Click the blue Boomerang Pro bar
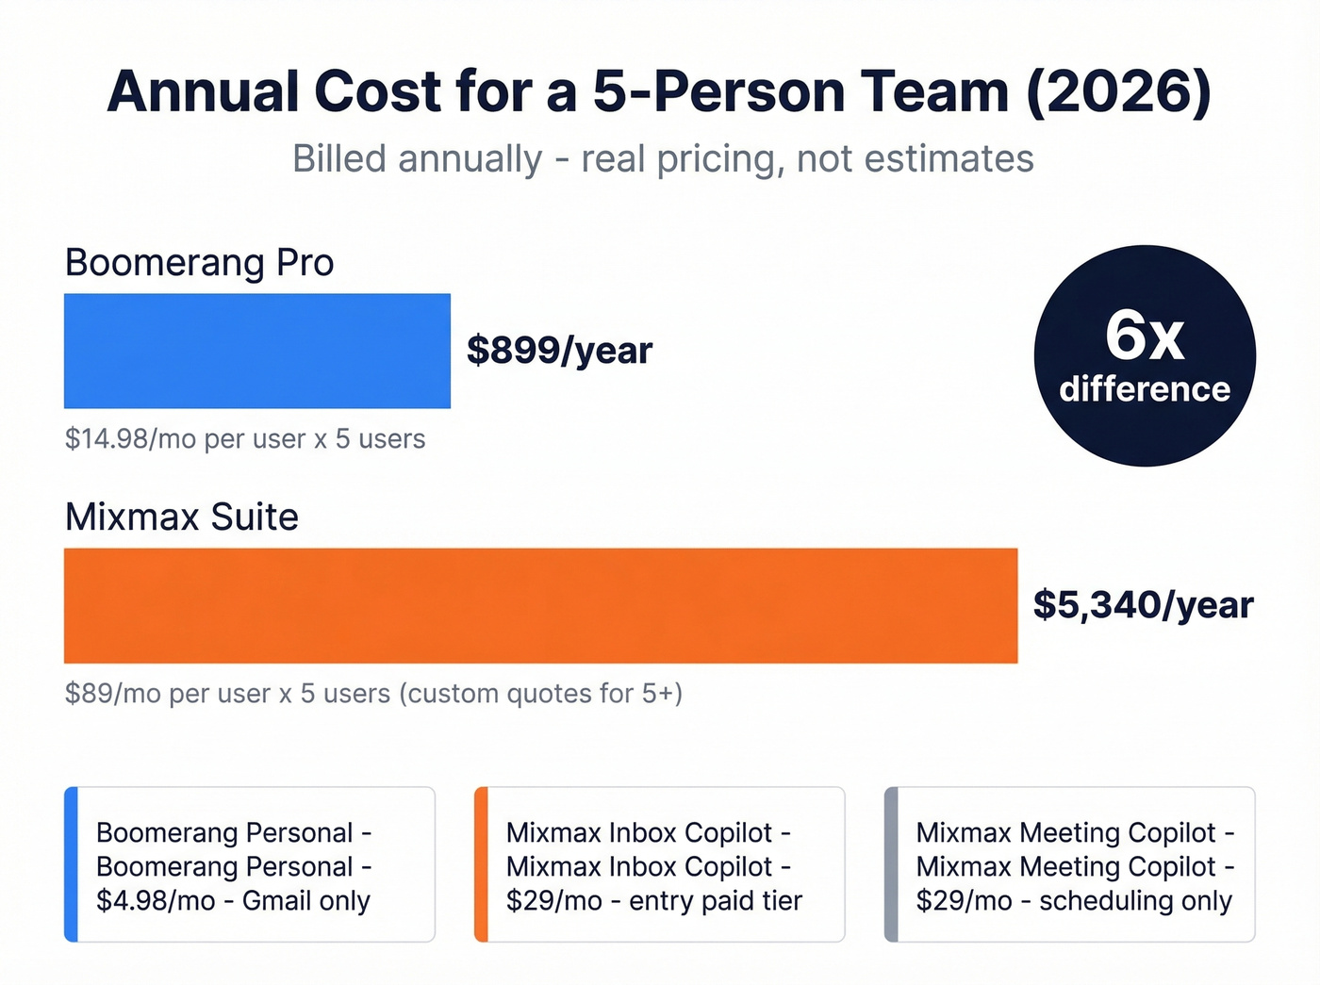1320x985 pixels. click(x=256, y=351)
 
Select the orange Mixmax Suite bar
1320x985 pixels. click(x=540, y=605)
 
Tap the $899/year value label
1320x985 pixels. click(x=559, y=351)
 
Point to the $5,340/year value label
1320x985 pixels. click(x=1143, y=605)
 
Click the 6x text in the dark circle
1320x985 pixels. click(x=1144, y=336)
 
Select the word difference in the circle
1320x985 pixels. click(x=1144, y=389)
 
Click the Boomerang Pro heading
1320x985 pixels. click(x=199, y=263)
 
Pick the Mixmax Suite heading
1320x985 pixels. click(x=181, y=517)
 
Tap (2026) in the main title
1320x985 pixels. click(x=1118, y=92)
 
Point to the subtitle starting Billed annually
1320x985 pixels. click(x=662, y=159)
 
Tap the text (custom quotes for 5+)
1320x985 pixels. click(x=540, y=694)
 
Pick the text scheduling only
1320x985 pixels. click(x=1135, y=901)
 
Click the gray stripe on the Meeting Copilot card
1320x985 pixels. click(x=891, y=864)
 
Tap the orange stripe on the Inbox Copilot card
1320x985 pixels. click(x=481, y=864)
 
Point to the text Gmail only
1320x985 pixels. click(x=305, y=901)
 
